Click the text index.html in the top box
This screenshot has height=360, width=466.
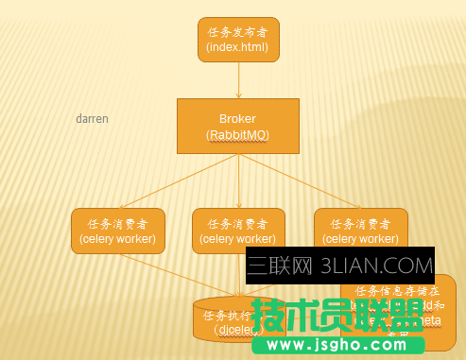[238, 46]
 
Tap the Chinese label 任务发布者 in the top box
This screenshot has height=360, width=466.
[238, 32]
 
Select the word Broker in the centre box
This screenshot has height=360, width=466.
[238, 119]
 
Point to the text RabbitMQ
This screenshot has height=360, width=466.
[238, 135]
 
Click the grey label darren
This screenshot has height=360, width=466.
[92, 120]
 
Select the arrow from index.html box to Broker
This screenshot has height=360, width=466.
[238, 80]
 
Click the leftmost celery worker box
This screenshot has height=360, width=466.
[119, 231]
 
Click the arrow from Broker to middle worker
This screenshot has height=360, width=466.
[238, 181]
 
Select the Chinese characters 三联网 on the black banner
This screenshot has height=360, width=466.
[282, 266]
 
